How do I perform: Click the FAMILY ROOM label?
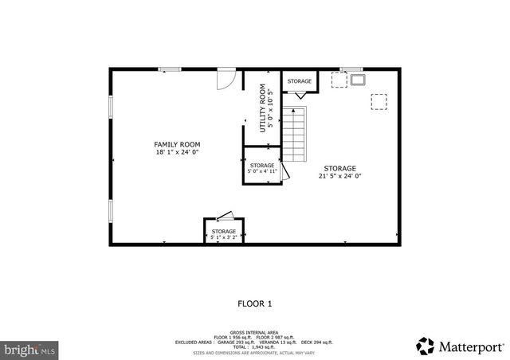(x=177, y=144)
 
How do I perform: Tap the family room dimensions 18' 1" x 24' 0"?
(x=177, y=152)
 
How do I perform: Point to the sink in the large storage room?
(x=355, y=79)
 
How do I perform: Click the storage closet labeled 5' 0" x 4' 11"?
(x=262, y=166)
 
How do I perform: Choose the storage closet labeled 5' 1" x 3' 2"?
(x=224, y=232)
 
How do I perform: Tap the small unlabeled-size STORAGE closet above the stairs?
(x=300, y=81)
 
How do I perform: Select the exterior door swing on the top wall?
(x=226, y=78)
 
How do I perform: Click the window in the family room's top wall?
(x=169, y=69)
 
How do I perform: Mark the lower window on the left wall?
(x=111, y=210)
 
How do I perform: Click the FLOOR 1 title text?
(x=255, y=303)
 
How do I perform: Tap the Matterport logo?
(x=461, y=346)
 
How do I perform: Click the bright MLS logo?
(x=29, y=349)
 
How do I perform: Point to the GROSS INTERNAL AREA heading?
(x=255, y=331)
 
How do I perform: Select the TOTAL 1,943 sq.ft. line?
(x=255, y=346)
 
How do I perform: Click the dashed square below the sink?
(x=379, y=101)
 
